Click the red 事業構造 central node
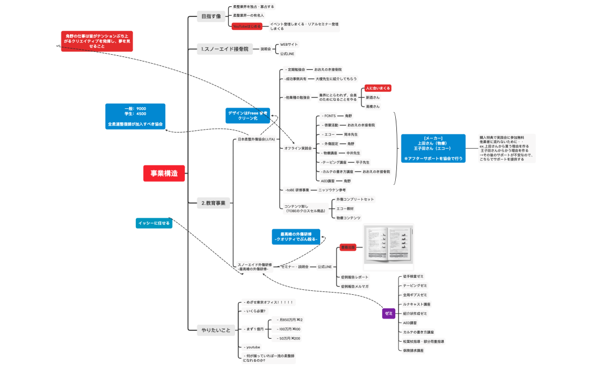tap(164, 174)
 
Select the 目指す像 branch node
tap(211, 16)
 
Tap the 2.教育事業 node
tap(214, 203)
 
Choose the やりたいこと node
tap(216, 330)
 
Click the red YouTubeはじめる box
tap(247, 26)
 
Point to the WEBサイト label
tap(289, 44)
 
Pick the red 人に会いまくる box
tap(378, 88)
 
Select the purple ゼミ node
tap(388, 313)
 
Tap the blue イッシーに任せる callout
tap(153, 223)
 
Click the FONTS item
tap(329, 116)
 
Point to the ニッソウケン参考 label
tap(332, 190)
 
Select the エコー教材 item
tap(347, 209)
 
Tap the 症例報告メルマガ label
tap(355, 286)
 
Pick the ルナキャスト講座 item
tap(417, 304)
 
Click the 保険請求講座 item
tap(413, 350)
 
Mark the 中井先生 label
tap(353, 153)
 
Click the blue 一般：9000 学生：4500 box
tap(135, 116)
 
